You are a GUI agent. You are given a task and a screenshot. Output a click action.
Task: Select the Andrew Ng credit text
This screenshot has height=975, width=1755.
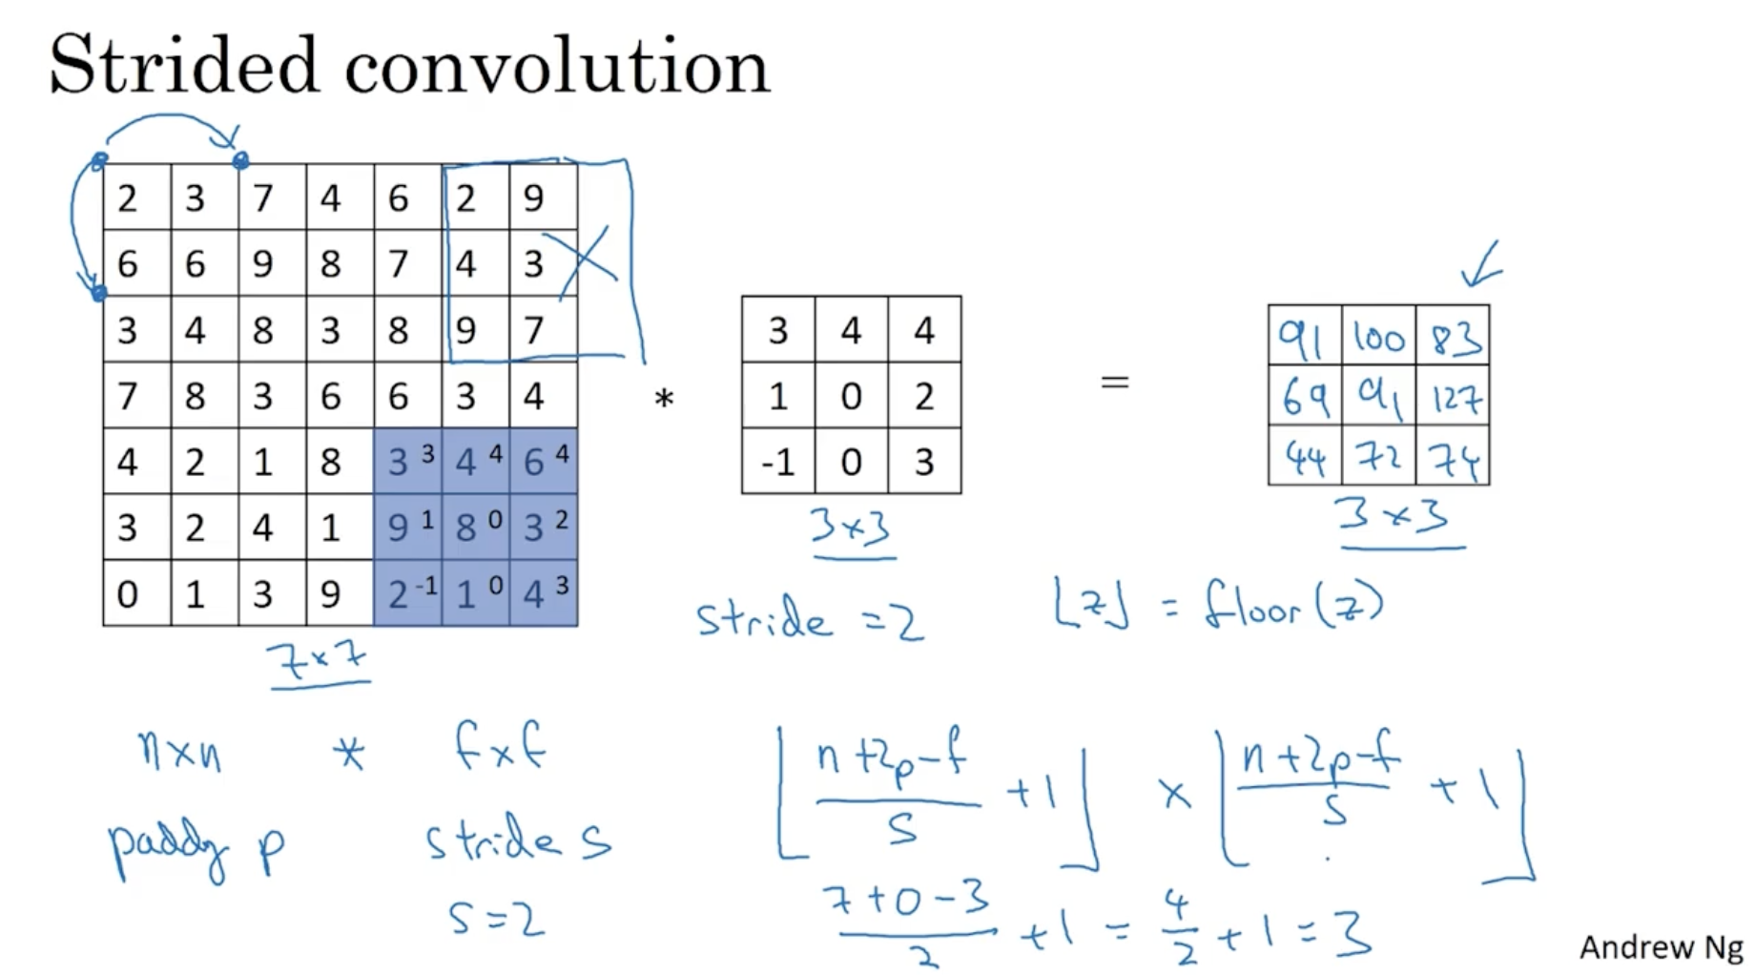(x=1661, y=947)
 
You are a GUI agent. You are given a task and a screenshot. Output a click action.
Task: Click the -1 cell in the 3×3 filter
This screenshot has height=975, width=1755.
(x=777, y=462)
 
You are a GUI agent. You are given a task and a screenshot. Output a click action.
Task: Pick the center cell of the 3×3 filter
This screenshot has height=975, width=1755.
(x=851, y=396)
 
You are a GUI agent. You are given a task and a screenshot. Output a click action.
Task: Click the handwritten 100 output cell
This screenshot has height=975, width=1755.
(x=1378, y=338)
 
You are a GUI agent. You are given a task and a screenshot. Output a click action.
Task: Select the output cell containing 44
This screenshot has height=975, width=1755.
(x=1304, y=459)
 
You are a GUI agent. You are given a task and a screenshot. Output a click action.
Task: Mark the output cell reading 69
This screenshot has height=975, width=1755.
(x=1304, y=397)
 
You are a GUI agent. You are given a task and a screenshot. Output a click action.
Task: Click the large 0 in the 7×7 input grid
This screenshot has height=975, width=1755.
(x=127, y=594)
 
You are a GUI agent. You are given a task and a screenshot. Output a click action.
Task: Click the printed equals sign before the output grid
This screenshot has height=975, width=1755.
(x=1114, y=384)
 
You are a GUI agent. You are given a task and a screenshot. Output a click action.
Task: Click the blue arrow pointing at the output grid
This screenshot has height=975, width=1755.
(x=1482, y=266)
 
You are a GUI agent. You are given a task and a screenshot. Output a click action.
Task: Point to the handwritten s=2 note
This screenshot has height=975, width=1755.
(x=496, y=920)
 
